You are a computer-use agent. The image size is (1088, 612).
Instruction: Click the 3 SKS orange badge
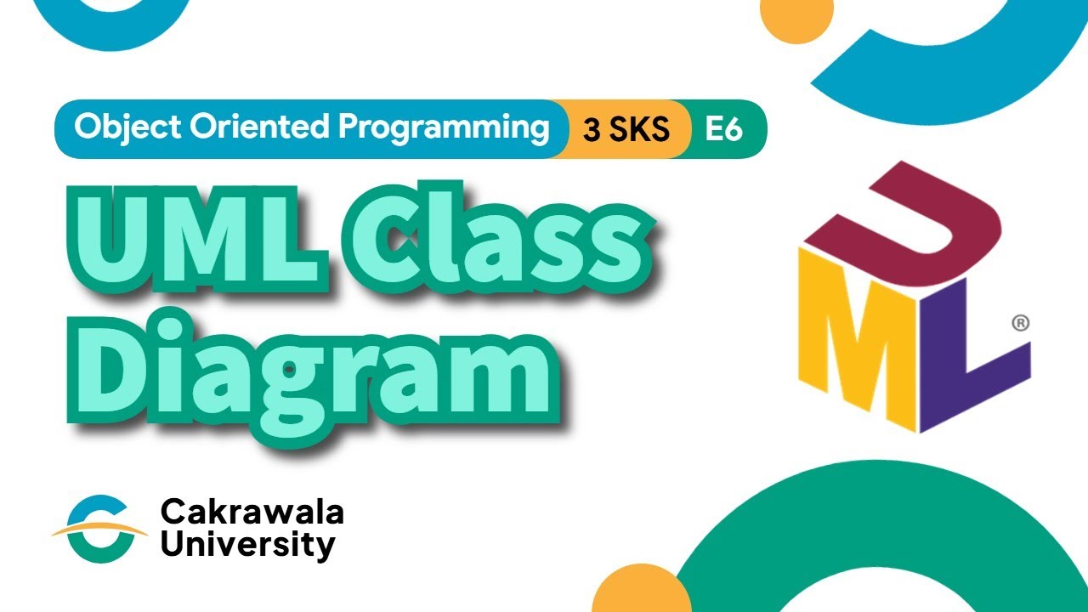pos(626,129)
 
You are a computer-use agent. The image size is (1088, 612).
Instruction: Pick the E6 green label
pos(724,129)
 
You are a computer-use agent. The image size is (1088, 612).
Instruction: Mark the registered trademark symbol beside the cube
pos(1021,323)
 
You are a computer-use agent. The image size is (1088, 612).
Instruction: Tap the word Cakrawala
pos(252,513)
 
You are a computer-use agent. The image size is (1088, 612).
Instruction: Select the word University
pos(247,545)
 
